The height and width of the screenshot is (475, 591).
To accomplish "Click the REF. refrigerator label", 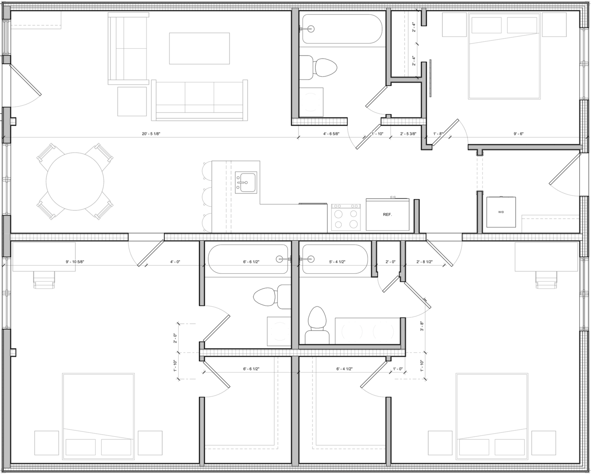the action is [x=387, y=214].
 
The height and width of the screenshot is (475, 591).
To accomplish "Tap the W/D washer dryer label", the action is [x=501, y=212].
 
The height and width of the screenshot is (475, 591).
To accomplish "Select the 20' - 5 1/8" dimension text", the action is [x=151, y=134].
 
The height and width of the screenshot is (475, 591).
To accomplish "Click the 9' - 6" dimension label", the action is [x=518, y=134].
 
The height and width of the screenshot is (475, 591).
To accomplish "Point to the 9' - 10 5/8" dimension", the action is [x=75, y=262].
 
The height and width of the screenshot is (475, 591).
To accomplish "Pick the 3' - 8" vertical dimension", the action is [x=421, y=326].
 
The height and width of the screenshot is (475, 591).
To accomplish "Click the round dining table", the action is [x=75, y=181].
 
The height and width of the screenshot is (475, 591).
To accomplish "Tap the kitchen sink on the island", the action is [x=246, y=182].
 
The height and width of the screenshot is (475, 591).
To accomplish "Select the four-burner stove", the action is [x=346, y=217].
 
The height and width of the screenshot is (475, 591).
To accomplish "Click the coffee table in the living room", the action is [x=199, y=48].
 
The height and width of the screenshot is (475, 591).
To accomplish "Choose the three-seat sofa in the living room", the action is [x=199, y=100].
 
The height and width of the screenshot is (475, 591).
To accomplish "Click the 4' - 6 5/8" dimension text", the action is [x=331, y=134].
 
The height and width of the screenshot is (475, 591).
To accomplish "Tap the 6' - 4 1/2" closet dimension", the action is [x=344, y=369].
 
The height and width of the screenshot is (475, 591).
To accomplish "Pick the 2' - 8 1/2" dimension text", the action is [x=424, y=262].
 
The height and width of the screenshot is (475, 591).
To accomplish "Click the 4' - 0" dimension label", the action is [x=175, y=262].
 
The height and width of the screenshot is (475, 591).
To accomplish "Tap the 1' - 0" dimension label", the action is [x=398, y=369].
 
